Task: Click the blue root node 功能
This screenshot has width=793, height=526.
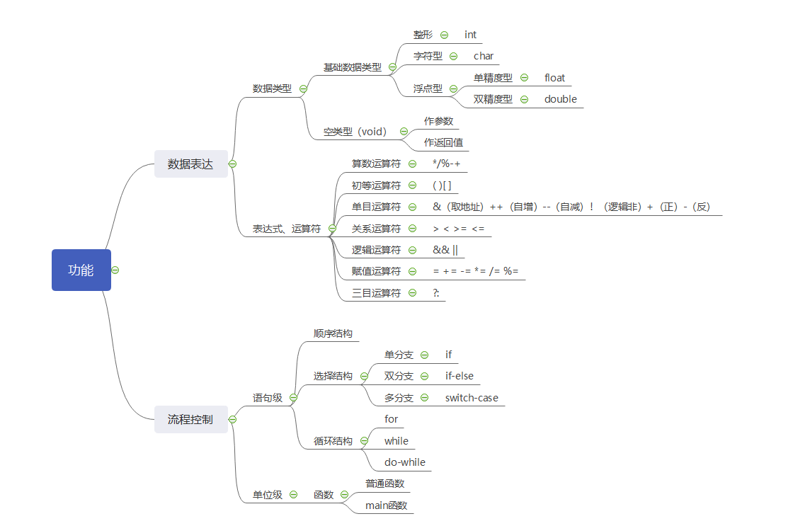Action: pyautogui.click(x=81, y=270)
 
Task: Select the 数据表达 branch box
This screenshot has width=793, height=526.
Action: pyautogui.click(x=190, y=164)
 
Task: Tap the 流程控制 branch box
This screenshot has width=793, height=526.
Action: pyautogui.click(x=190, y=419)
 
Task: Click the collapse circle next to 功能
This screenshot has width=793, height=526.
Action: pyautogui.click(x=115, y=270)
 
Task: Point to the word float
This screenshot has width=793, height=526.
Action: pyautogui.click(x=554, y=78)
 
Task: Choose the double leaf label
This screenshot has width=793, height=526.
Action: pyautogui.click(x=560, y=99)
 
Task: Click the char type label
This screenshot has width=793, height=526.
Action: pyautogui.click(x=484, y=56)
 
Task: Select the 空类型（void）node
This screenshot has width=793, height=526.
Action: pyautogui.click(x=355, y=131)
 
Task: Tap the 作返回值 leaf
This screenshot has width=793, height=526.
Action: pyautogui.click(x=443, y=142)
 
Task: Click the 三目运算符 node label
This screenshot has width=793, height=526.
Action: pyautogui.click(x=376, y=292)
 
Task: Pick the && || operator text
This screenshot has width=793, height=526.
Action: pyautogui.click(x=445, y=250)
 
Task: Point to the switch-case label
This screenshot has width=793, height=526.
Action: pyautogui.click(x=472, y=398)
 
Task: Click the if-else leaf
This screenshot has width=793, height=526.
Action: pyautogui.click(x=460, y=376)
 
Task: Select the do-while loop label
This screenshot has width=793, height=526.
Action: pyautogui.click(x=405, y=462)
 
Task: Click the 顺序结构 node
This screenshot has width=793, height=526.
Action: pyautogui.click(x=333, y=333)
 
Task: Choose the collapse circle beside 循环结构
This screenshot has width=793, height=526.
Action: pyautogui.click(x=364, y=441)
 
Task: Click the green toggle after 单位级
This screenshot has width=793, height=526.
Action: pyautogui.click(x=293, y=495)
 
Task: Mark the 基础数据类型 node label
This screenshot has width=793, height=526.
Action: pyautogui.click(x=352, y=67)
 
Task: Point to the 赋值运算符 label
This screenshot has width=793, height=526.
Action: pyautogui.click(x=376, y=271)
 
